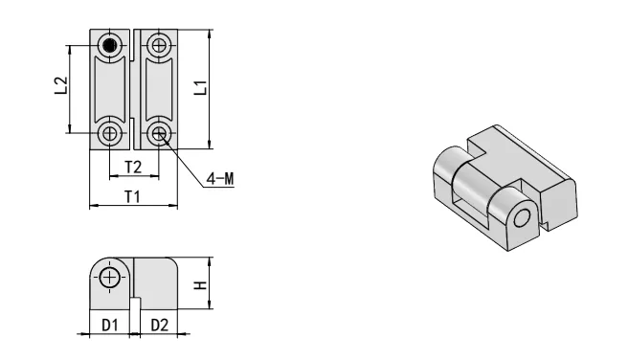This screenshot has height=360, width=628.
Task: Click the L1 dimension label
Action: [200, 88]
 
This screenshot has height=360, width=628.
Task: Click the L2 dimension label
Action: [61, 86]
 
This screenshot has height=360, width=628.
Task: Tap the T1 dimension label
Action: [132, 197]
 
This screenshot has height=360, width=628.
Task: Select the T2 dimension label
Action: [133, 167]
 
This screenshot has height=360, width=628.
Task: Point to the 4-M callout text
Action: [220, 179]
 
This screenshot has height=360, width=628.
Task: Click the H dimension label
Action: [200, 285]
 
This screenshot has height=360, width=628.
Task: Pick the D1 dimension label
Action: [110, 326]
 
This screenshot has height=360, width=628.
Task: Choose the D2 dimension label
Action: [160, 326]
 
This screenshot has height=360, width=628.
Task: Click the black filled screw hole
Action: [109, 46]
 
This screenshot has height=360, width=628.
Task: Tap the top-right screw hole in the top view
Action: [159, 46]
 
